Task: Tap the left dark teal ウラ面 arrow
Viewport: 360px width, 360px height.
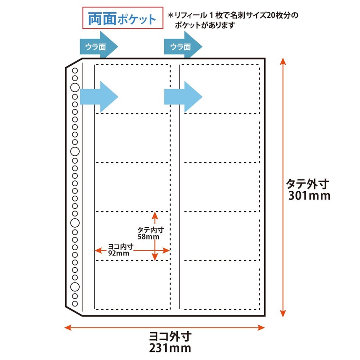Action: [99, 46]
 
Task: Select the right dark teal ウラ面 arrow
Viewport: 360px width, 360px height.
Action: [183, 46]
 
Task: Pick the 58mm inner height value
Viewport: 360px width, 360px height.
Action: [148, 237]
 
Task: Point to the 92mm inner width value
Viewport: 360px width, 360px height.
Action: [119, 253]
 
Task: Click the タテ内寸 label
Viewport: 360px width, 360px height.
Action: [148, 230]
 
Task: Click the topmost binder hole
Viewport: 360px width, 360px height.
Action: [75, 70]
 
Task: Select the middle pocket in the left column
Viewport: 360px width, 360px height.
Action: [132, 186]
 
